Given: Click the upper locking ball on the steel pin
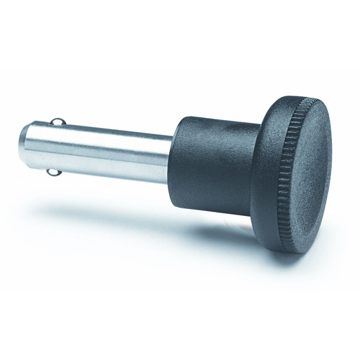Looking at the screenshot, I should pyautogui.click(x=56, y=121).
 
